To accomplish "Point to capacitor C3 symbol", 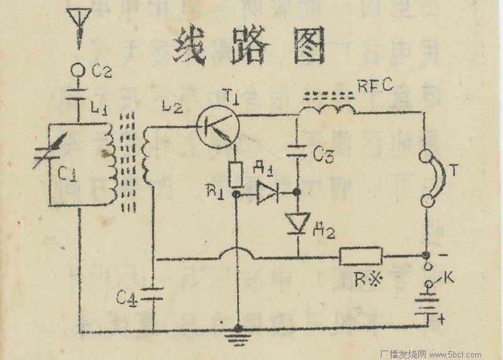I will (x=297, y=151).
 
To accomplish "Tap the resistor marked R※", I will (x=360, y=256).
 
